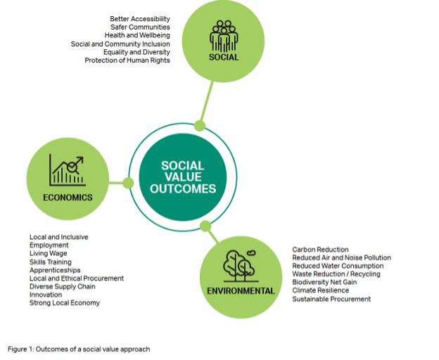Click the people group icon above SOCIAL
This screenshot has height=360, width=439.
[x=224, y=36]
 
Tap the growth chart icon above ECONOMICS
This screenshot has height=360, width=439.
[x=68, y=170]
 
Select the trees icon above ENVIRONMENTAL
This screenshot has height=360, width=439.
[x=240, y=266]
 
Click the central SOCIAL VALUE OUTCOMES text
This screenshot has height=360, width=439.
[x=183, y=177]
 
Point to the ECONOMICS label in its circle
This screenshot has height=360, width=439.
[x=68, y=198]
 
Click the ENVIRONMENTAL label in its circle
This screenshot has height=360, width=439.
[x=241, y=291]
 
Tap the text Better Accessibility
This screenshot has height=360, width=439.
[x=140, y=19]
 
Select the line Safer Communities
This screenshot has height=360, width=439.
[x=140, y=27]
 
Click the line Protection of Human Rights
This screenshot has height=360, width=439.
[x=127, y=60]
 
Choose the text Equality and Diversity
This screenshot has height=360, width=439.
[x=136, y=52]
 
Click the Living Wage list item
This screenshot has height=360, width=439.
[x=49, y=253]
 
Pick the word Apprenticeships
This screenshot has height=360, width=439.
[x=55, y=270]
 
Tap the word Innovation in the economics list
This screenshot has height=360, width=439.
[x=46, y=295]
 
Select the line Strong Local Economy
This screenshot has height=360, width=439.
[x=65, y=303]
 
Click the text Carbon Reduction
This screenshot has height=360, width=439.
[x=320, y=249]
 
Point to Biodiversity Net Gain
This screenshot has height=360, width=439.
[x=324, y=282]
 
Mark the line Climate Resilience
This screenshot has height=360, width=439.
[x=321, y=290]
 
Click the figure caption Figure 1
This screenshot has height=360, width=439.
[x=79, y=349]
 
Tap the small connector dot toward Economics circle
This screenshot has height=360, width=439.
[x=128, y=183]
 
